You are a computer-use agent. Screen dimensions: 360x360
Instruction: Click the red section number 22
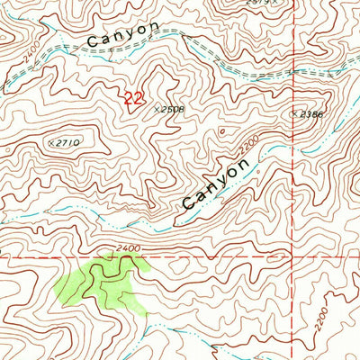coord(132,98)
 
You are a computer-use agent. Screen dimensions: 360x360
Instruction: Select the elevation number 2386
coord(311,114)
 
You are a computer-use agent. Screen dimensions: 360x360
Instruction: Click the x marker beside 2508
coord(157,108)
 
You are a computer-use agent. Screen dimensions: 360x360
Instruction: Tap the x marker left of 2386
coord(293,114)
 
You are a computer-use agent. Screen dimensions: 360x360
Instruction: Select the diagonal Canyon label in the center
coord(214,184)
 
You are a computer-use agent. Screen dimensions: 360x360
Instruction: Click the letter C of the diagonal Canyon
coord(188,204)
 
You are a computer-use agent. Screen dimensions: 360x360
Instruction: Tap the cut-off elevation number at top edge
coord(258,3)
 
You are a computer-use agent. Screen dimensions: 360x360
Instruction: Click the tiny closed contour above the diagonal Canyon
coord(222,131)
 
